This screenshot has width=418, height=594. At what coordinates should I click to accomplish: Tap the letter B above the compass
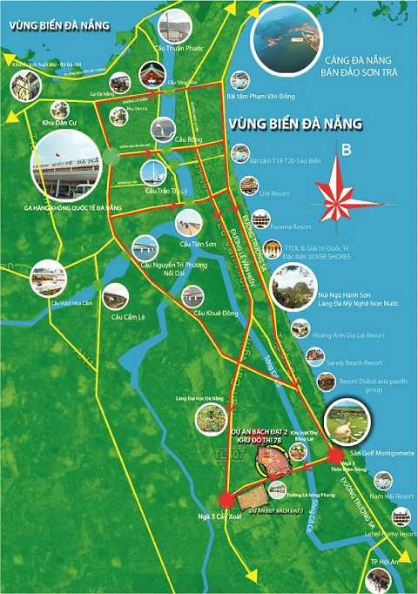pos(347,150)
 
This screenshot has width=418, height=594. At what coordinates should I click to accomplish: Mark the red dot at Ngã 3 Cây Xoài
pos(226,499)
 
